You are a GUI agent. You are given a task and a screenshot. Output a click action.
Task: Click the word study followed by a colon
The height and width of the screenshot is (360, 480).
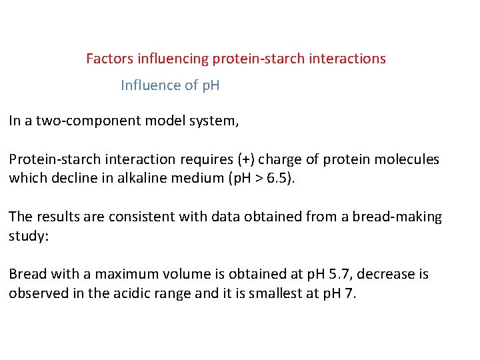27,237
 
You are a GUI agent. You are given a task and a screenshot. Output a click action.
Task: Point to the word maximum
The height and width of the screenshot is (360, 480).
123,275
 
